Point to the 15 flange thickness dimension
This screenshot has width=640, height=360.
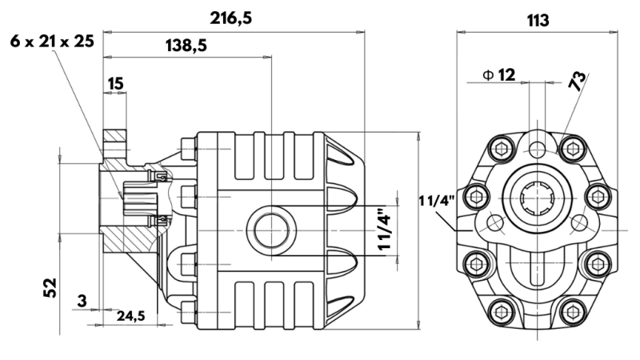pyautogui.click(x=115, y=83)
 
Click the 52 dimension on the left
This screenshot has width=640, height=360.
pyautogui.click(x=50, y=287)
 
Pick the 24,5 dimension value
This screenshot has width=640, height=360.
pyautogui.click(x=130, y=317)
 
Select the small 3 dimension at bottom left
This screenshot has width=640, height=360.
pyautogui.click(x=82, y=301)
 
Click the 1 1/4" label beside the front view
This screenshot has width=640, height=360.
pyautogui.click(x=436, y=200)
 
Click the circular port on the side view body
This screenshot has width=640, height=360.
pyautogui.click(x=265, y=230)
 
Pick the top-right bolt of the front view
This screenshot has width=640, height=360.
pyautogui.click(x=571, y=147)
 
